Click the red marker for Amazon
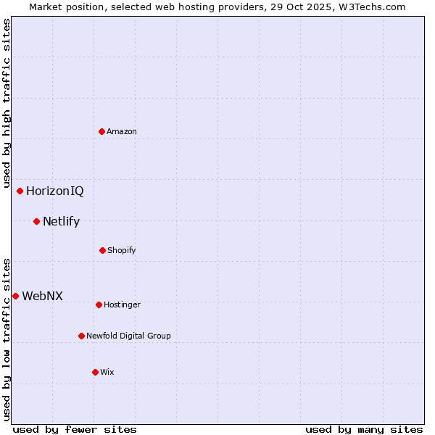[x=102, y=131]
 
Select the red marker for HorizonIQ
[x=20, y=191]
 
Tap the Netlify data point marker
[x=37, y=221]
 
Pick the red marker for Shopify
[x=103, y=250]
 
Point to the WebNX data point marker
[x=16, y=296]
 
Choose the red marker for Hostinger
[x=99, y=304]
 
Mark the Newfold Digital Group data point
[x=82, y=336]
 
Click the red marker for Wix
[x=96, y=372]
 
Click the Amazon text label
[x=122, y=131]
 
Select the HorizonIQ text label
[x=55, y=191]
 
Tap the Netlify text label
[x=62, y=221]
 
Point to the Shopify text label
[x=122, y=250]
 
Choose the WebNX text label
[x=43, y=296]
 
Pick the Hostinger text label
[x=122, y=304]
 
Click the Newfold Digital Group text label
[x=129, y=336]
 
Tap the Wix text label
[x=107, y=372]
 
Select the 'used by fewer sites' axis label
[x=75, y=429]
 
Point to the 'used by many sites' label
[x=364, y=429]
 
